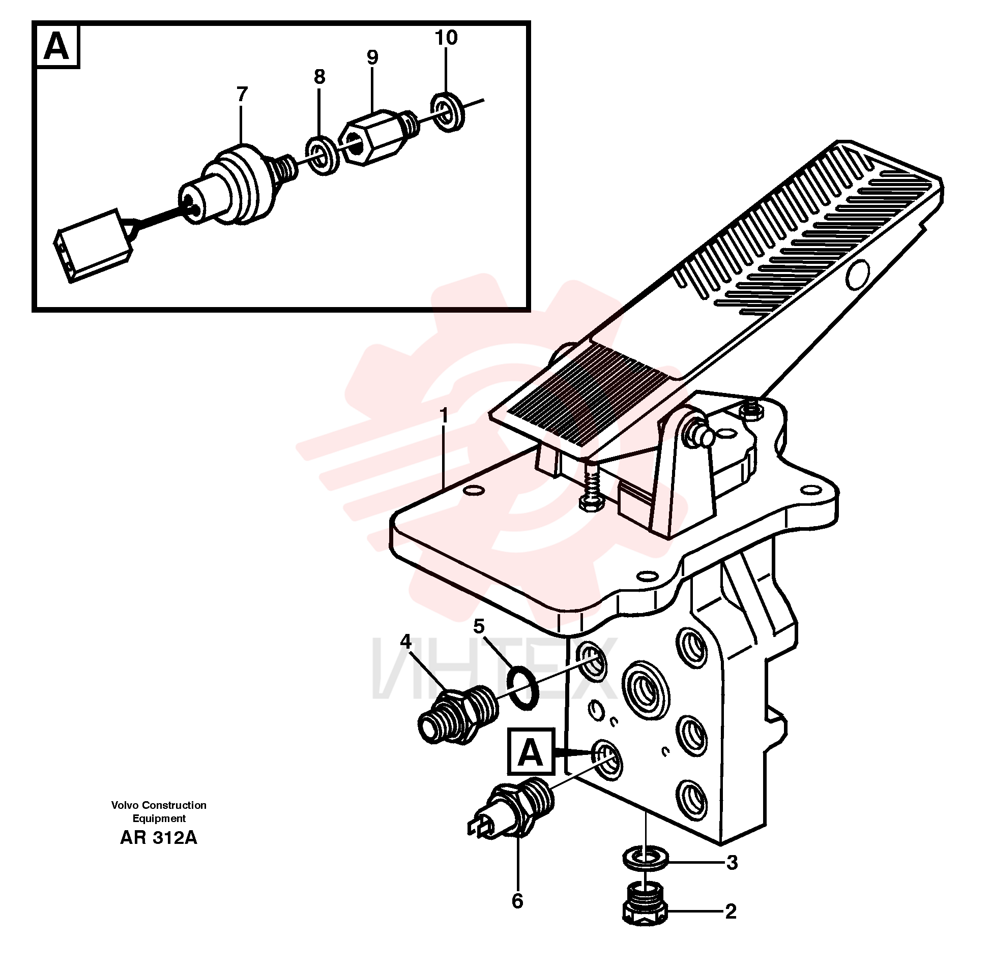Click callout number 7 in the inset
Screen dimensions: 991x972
[x=242, y=94]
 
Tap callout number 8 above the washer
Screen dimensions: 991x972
[x=319, y=77]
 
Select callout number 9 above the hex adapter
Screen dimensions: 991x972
[x=372, y=57]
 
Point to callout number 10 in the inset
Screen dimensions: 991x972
[x=446, y=37]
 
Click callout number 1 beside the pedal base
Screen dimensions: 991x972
[x=444, y=416]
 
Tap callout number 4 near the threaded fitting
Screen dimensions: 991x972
[x=405, y=642]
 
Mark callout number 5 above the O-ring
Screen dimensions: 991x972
[x=478, y=626]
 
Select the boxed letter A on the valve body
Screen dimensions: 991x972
[x=531, y=752]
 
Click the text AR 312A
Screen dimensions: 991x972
[x=158, y=838]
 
